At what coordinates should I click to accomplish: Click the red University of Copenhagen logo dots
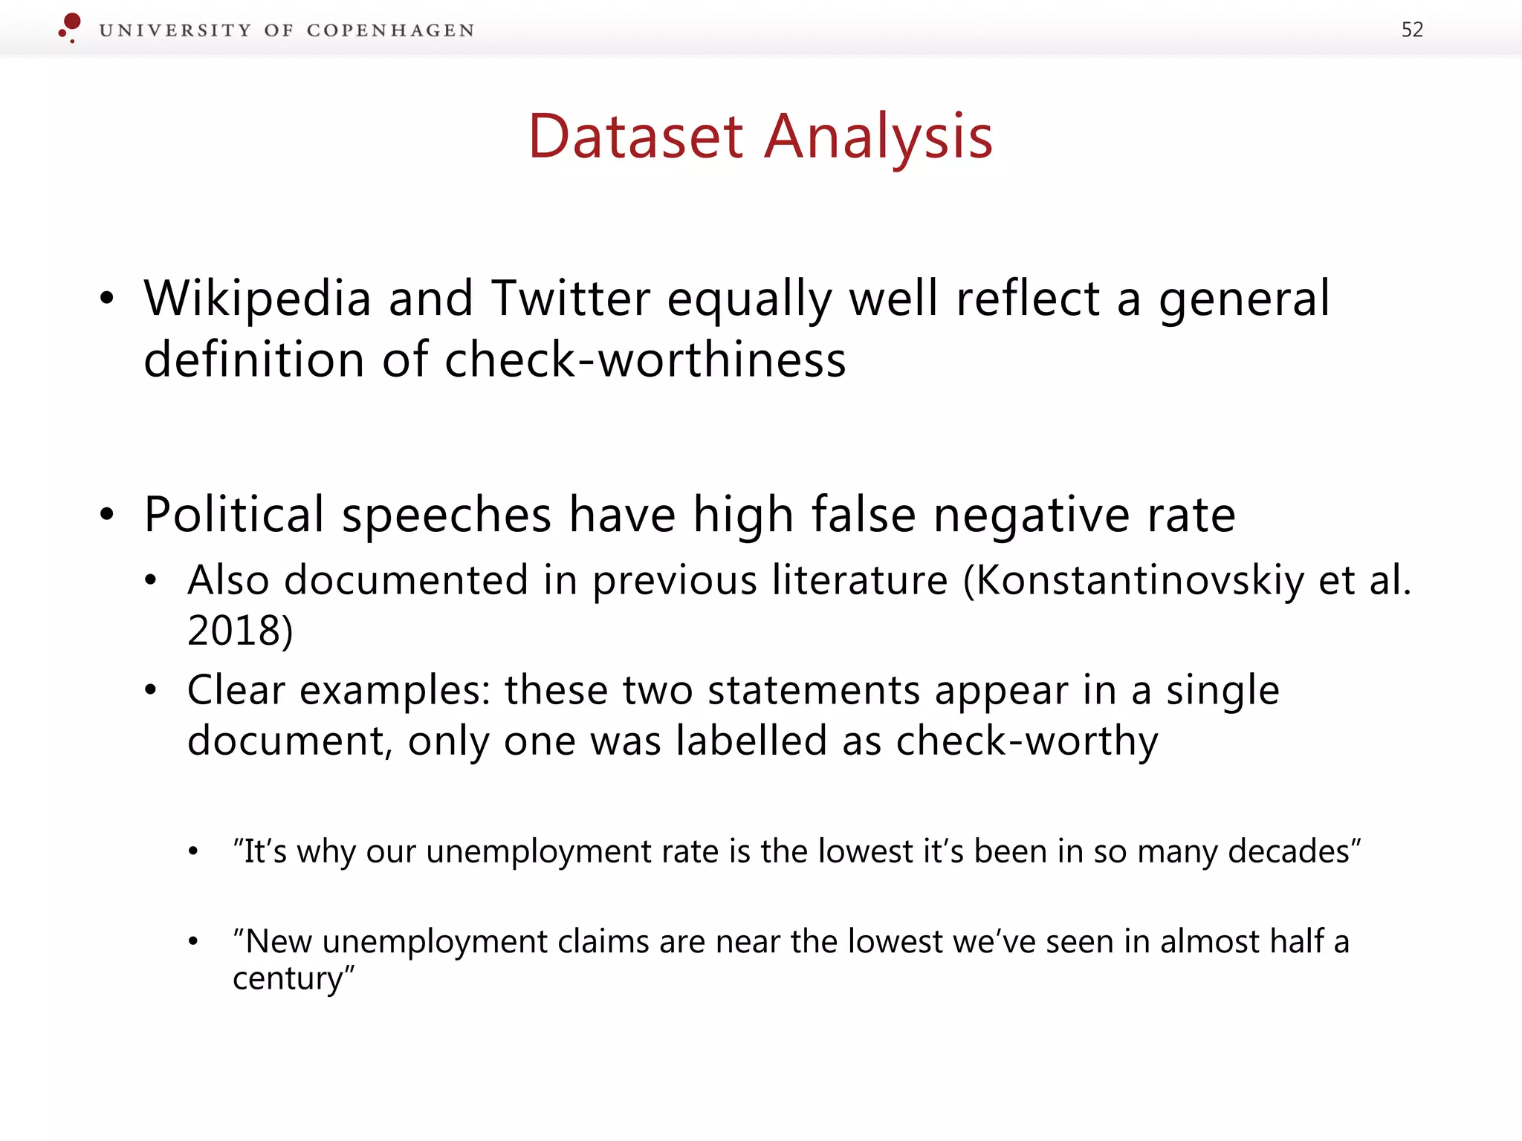[70, 27]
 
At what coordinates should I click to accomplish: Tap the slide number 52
[1412, 30]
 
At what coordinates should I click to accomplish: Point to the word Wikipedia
[257, 299]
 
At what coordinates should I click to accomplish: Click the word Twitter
[571, 299]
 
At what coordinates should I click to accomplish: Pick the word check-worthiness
[645, 360]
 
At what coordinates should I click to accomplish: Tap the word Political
[234, 514]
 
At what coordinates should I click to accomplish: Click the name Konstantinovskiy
[1139, 579]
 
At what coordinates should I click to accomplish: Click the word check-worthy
[1027, 741]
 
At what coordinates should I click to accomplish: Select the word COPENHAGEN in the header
[390, 30]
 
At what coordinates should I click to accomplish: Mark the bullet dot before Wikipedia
[108, 299]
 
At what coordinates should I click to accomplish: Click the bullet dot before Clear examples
[151, 691]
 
